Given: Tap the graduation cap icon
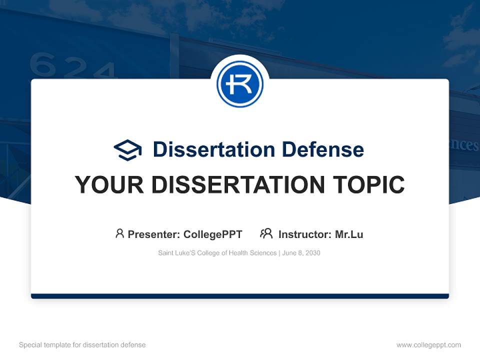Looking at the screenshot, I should pyautogui.click(x=127, y=149).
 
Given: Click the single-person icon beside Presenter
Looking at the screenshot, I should pyautogui.click(x=119, y=233).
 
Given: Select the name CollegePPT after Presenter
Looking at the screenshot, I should pyautogui.click(x=212, y=234).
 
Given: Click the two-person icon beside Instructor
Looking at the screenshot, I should pyautogui.click(x=266, y=233).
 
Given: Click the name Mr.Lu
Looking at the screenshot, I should pyautogui.click(x=349, y=234).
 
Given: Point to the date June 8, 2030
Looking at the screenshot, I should pyautogui.click(x=301, y=253).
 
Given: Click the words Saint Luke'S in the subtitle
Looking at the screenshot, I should pyautogui.click(x=174, y=253).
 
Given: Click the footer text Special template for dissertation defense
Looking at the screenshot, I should pyautogui.click(x=82, y=345).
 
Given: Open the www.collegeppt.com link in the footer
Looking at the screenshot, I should pyautogui.click(x=428, y=345).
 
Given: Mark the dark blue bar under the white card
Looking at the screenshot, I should pyautogui.click(x=240, y=296).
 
